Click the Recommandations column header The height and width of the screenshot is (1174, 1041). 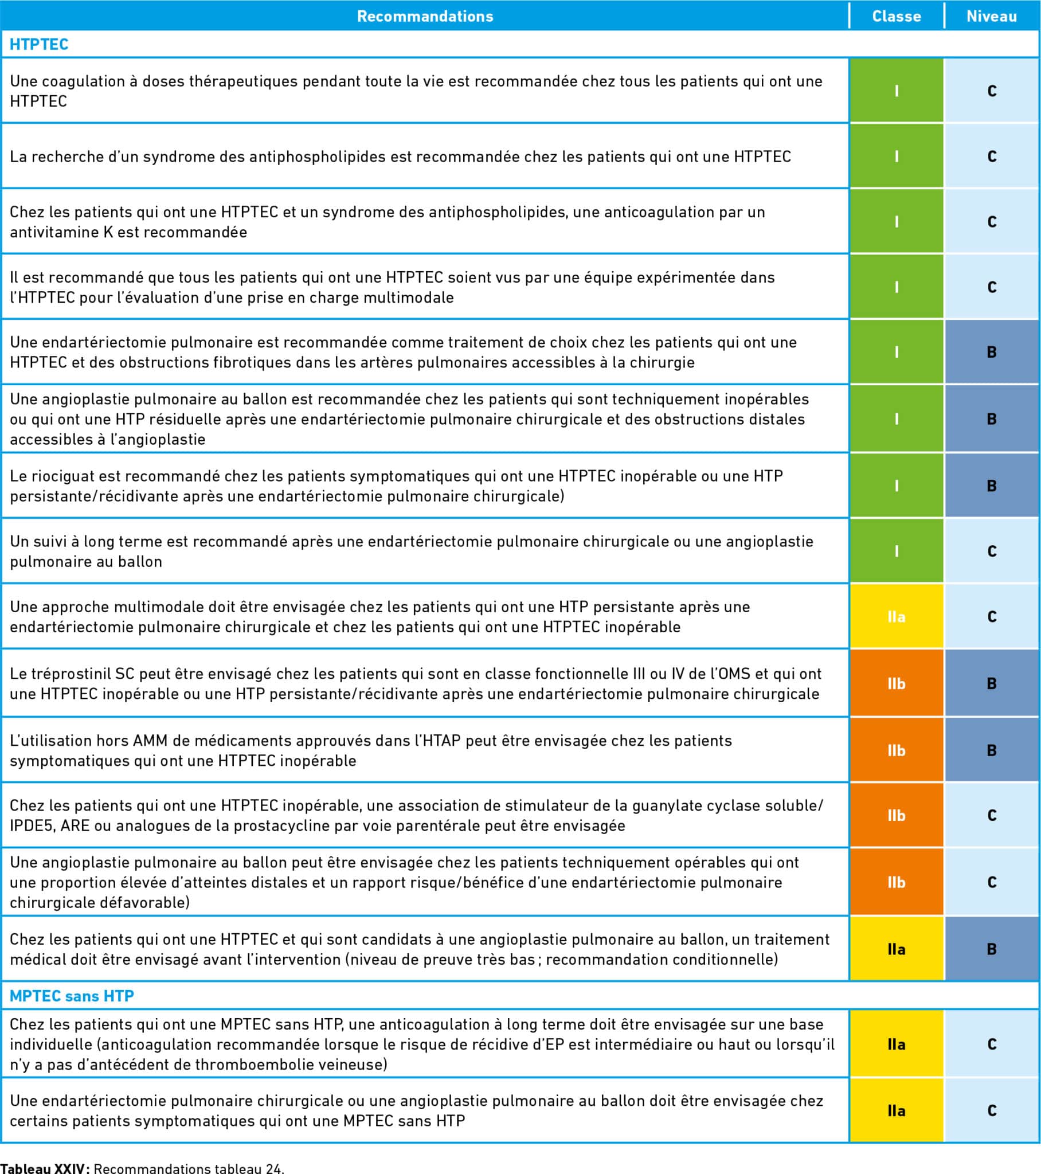(425, 16)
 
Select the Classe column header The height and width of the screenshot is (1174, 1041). (895, 16)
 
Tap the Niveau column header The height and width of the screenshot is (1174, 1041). (991, 16)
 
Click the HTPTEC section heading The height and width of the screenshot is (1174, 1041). (39, 44)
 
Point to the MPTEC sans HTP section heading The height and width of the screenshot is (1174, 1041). (72, 995)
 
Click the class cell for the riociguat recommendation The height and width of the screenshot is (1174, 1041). (895, 486)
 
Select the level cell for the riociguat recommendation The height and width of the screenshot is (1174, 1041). (991, 486)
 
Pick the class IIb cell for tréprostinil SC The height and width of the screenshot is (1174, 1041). (895, 683)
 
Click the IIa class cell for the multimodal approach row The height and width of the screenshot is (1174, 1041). (895, 616)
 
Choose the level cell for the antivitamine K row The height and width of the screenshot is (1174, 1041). (991, 222)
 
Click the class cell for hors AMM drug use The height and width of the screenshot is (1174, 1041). (895, 750)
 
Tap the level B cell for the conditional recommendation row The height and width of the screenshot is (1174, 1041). (991, 949)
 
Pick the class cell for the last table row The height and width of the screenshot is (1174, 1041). (895, 1110)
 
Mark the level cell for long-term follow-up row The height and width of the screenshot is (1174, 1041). (991, 551)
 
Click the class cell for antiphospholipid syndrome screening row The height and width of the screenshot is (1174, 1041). (895, 156)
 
